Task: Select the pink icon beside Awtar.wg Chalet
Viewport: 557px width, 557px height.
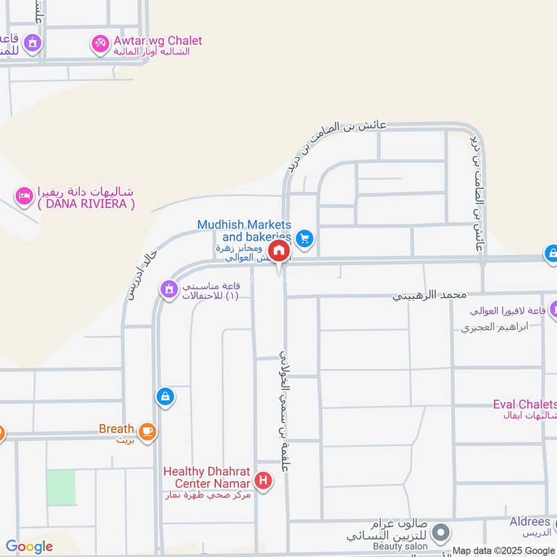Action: (x=100, y=44)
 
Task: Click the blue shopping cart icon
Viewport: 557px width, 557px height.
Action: (x=304, y=239)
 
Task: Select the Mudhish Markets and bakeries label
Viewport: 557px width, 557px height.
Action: (x=244, y=230)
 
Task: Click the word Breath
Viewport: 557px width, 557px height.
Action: (x=116, y=429)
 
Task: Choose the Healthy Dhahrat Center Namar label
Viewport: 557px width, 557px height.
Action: (x=207, y=477)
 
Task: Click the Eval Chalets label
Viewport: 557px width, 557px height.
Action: (x=525, y=405)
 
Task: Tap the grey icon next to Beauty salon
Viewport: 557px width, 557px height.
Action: (x=439, y=534)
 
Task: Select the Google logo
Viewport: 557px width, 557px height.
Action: (x=29, y=547)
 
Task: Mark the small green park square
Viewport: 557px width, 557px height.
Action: (x=61, y=487)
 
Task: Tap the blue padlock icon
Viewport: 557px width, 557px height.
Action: (x=165, y=397)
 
